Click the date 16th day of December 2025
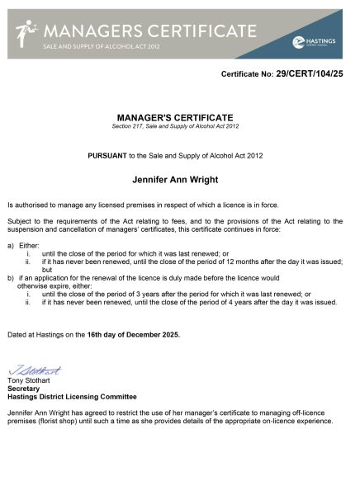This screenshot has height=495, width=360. tap(133, 334)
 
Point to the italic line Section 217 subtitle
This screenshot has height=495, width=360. tap(175, 125)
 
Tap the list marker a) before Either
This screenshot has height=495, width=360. tap(11, 245)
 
